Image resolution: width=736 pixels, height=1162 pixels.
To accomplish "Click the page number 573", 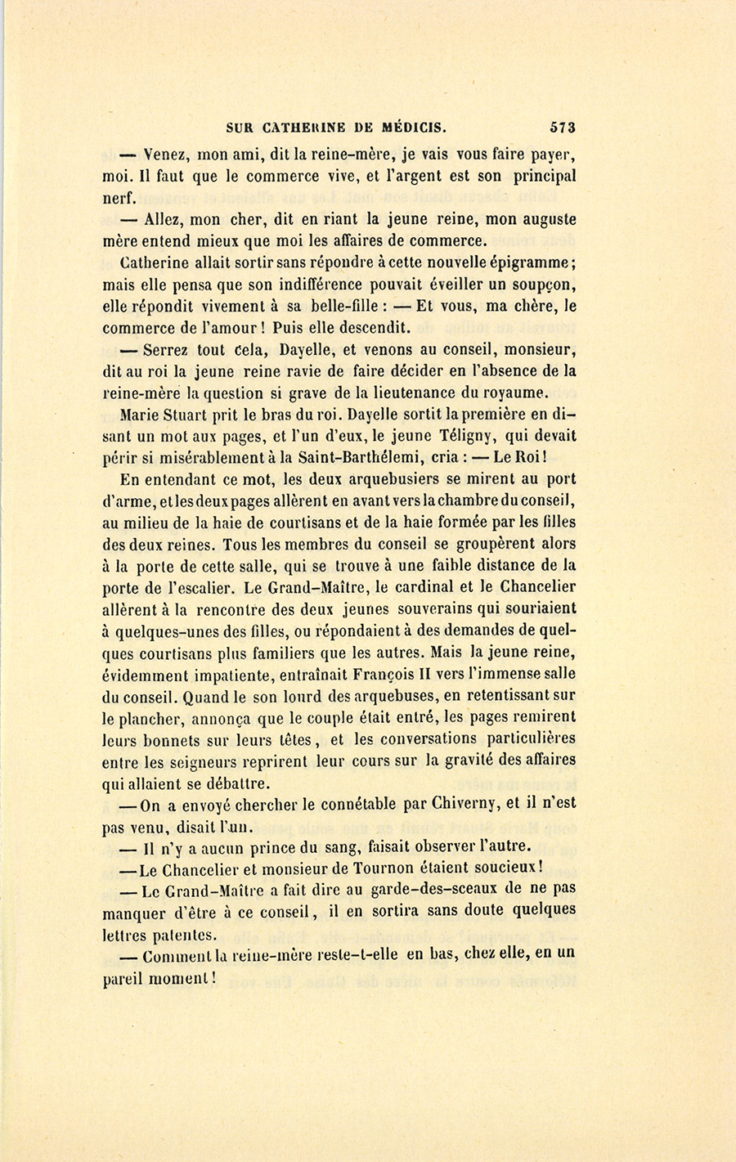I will coord(563,128).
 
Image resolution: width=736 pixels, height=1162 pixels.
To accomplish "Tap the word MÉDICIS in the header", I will coord(412,128).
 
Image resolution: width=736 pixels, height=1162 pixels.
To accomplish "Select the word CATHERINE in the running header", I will coord(303,128).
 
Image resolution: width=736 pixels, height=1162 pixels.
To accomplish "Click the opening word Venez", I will coord(167,155).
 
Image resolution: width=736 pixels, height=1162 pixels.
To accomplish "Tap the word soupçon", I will coord(547,285).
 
